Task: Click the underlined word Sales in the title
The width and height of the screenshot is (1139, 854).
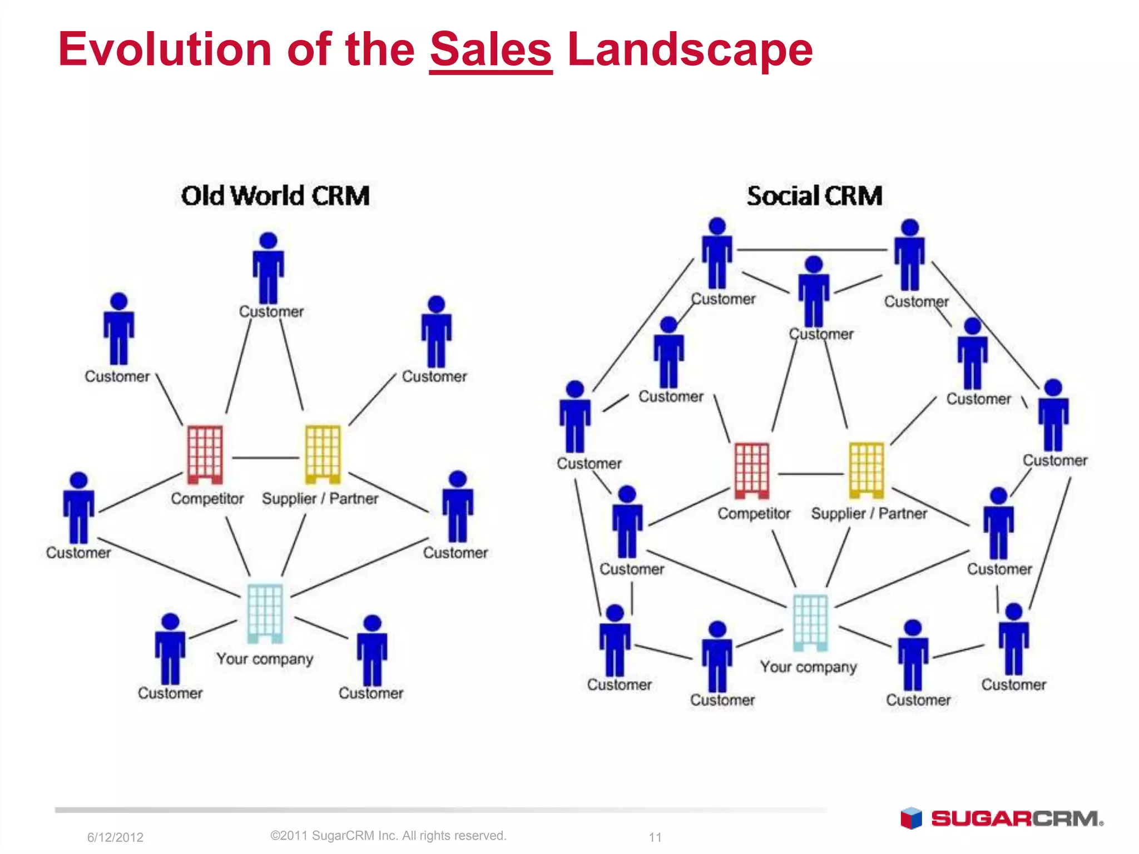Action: point(491,50)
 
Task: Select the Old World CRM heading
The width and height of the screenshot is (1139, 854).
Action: point(275,196)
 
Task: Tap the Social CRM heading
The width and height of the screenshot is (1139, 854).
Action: point(814,196)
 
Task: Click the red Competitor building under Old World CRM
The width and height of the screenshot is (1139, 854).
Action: point(205,454)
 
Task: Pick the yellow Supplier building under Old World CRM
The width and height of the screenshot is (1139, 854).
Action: point(323,454)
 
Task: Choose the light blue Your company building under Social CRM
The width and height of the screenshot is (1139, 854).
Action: point(810,622)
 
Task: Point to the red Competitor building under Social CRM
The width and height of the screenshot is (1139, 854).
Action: point(752,470)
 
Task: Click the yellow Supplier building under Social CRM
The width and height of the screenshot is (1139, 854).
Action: point(866,470)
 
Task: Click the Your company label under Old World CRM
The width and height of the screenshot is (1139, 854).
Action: point(265,659)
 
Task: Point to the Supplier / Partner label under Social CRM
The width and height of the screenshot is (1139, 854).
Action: point(869,513)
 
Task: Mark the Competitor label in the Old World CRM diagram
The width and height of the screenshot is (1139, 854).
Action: point(207,499)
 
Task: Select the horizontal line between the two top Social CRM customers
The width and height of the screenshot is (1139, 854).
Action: point(812,250)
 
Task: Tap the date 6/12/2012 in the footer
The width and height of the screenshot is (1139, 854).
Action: point(115,837)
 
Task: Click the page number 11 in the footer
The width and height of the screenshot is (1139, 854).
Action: point(655,837)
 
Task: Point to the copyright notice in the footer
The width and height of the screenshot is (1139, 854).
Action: point(388,836)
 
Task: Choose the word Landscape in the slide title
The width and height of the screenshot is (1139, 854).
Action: point(690,50)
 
